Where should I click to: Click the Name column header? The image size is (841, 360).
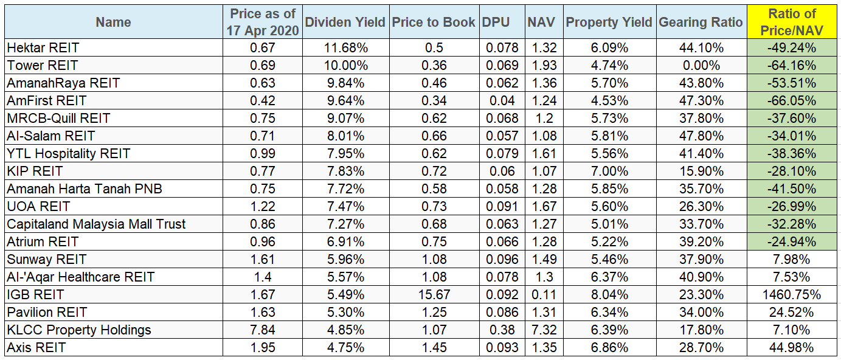click(x=113, y=22)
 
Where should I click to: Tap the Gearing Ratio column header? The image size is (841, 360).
click(x=701, y=22)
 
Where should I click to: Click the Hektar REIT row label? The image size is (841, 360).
click(x=43, y=47)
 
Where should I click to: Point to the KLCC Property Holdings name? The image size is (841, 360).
click(x=79, y=330)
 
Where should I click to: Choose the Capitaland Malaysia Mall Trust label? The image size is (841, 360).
click(x=96, y=224)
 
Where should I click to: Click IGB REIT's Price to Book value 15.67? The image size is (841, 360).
click(x=434, y=295)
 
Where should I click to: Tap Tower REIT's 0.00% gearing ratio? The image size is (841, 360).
click(x=701, y=65)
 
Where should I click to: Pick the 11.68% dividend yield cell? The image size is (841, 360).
click(x=344, y=47)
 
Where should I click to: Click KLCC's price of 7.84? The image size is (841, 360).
click(x=263, y=330)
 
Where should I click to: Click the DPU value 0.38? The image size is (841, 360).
click(x=502, y=330)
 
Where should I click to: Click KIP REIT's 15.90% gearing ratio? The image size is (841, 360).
click(x=701, y=171)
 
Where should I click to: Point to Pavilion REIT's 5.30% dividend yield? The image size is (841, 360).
click(x=344, y=313)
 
